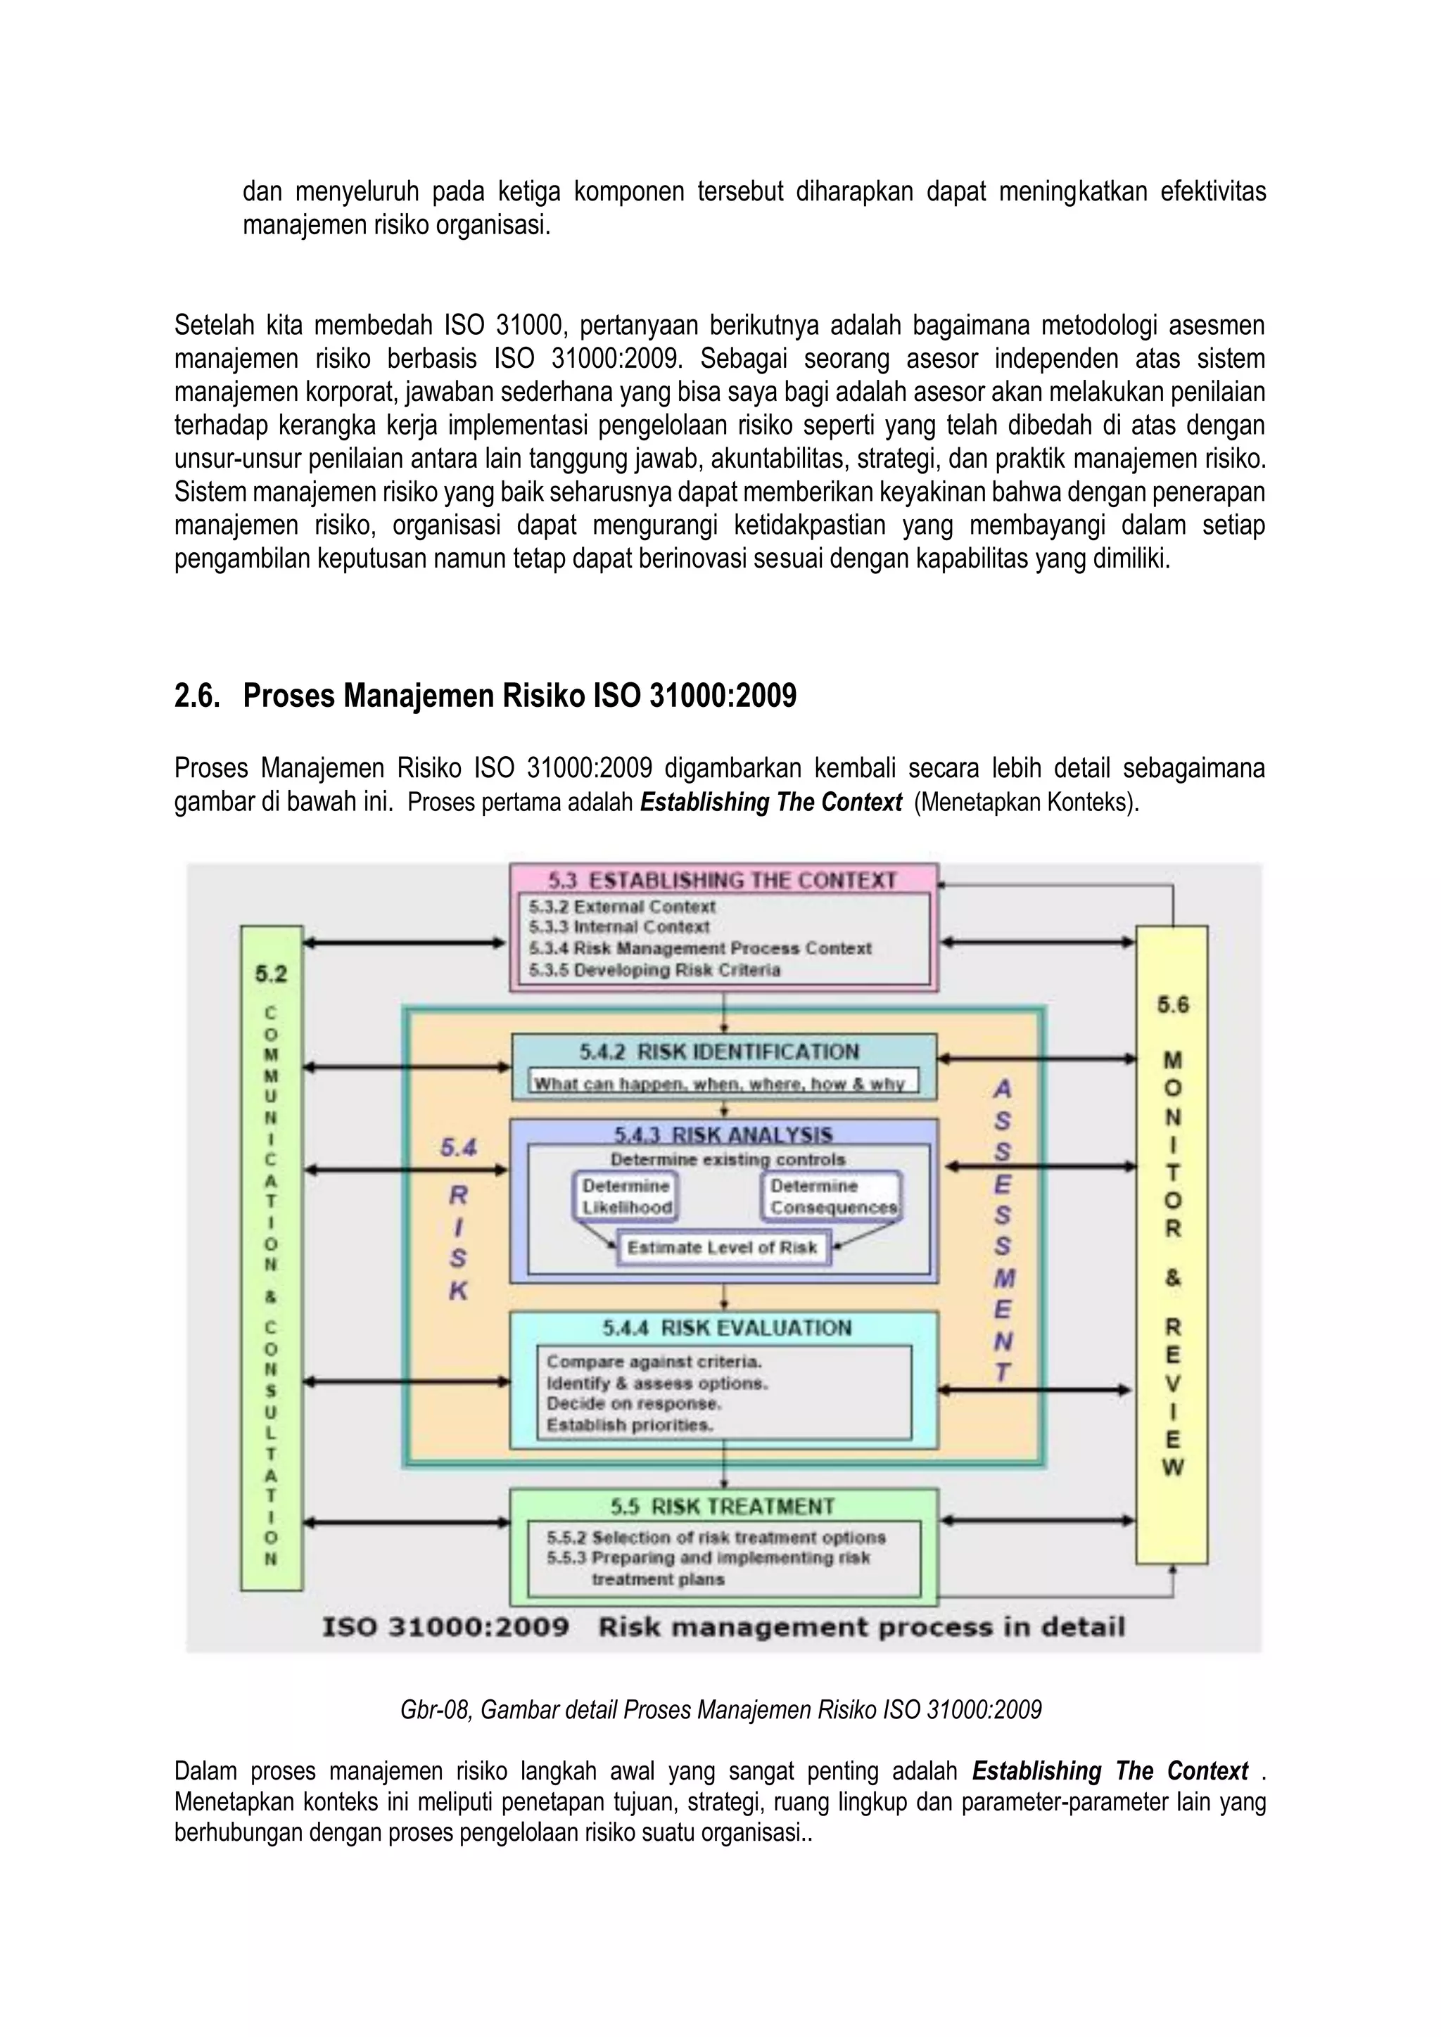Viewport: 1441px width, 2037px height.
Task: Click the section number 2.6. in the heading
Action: pos(196,696)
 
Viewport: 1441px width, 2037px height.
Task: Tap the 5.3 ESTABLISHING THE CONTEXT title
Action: pos(723,880)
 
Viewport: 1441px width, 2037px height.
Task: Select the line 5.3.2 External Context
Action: pos(622,907)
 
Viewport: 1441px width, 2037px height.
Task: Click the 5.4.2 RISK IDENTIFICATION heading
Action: pos(720,1052)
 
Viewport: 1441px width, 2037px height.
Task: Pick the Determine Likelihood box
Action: pos(626,1197)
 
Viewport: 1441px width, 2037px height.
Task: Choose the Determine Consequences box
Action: pos(832,1197)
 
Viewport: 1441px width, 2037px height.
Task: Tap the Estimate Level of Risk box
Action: pos(723,1247)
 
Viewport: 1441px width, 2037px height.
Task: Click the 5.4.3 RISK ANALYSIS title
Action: pos(723,1135)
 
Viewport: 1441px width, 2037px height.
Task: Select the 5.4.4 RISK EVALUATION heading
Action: pos(727,1328)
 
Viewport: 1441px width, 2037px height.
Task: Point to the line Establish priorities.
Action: pos(630,1425)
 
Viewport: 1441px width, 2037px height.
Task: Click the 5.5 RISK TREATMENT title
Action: pos(723,1507)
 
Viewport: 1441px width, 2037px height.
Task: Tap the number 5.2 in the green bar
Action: pos(272,974)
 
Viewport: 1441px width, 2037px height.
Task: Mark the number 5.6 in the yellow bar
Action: pos(1172,1005)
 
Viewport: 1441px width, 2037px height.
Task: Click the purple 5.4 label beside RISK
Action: pos(459,1148)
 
